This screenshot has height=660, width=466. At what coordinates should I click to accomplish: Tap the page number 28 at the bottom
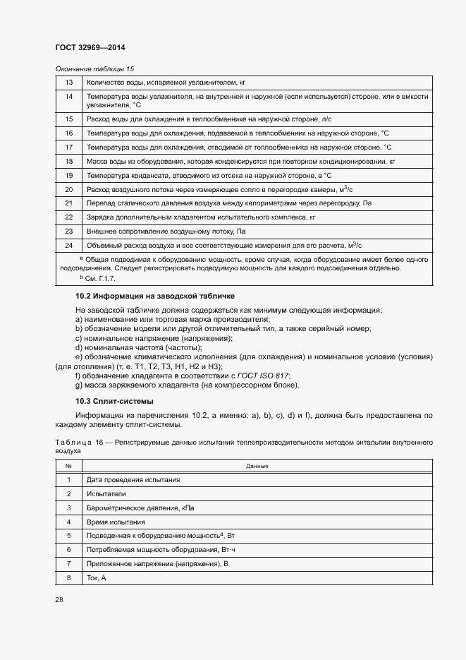[x=59, y=599]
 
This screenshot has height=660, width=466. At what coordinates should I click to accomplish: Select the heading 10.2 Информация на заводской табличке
[x=155, y=296]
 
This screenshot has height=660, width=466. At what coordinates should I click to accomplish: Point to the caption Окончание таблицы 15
[x=94, y=68]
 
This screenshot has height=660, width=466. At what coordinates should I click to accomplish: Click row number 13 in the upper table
[x=69, y=83]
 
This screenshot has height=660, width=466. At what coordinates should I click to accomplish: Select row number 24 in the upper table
[x=69, y=245]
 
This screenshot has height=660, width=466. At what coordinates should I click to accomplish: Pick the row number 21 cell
[x=69, y=203]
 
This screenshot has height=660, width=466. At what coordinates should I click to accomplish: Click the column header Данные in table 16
[x=257, y=466]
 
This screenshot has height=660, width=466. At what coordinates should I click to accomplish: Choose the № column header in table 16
[x=69, y=466]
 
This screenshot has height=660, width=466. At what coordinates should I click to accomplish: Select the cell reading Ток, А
[x=96, y=578]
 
